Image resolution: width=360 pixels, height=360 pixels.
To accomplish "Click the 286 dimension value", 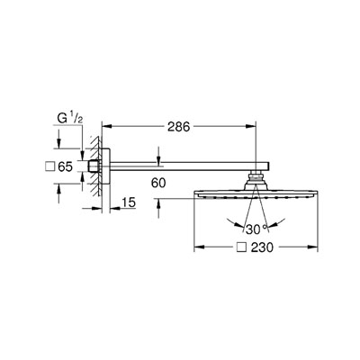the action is (179, 127).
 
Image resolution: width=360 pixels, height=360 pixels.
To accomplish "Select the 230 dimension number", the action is (262, 247).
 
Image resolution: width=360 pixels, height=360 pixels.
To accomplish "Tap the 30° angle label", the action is (256, 229).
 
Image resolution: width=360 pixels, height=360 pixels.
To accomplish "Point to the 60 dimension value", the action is (158, 183).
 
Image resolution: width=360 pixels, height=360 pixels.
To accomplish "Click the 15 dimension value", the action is (129, 202).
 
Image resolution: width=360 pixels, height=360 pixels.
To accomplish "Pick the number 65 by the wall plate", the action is (66, 166).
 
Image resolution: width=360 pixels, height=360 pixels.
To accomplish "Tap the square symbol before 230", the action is (242, 247).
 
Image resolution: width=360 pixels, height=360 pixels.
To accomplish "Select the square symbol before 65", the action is (49, 166).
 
